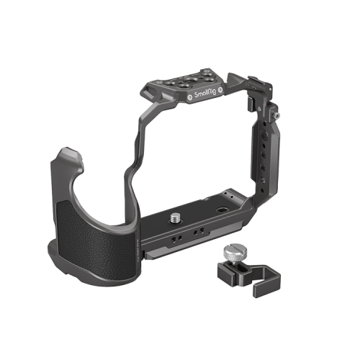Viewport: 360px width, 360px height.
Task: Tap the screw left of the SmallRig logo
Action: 188,98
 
